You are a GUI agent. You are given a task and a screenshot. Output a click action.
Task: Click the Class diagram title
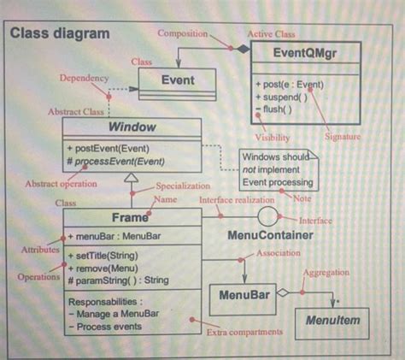[x=60, y=33]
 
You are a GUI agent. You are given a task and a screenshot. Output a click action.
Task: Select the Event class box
[x=178, y=80]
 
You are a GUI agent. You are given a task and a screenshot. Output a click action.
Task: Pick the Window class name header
[x=132, y=127]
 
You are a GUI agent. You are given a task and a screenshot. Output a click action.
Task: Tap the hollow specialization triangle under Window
[x=131, y=179]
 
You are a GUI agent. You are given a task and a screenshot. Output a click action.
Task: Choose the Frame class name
[x=131, y=218]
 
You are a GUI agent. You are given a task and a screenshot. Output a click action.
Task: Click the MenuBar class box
[x=244, y=295]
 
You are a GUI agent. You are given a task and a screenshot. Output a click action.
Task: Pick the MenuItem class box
[x=332, y=321]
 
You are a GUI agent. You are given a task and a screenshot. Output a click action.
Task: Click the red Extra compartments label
[x=245, y=332]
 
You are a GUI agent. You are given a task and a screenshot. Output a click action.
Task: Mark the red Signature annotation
[x=343, y=137]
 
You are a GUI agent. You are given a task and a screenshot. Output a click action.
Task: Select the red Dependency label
[x=84, y=78]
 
